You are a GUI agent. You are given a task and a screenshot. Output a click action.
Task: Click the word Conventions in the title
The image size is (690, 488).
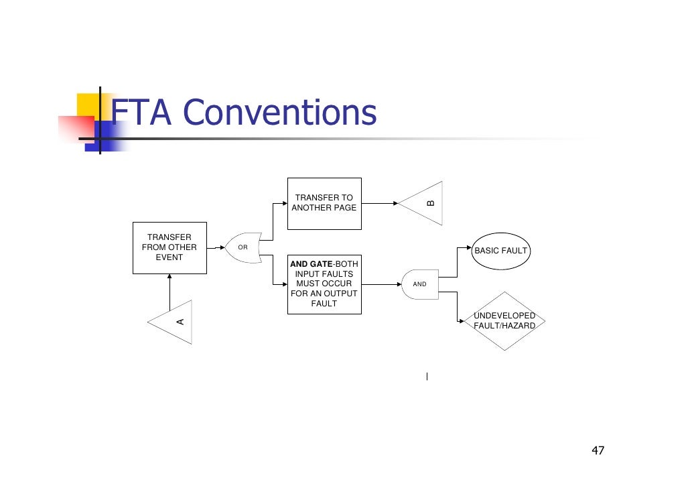280,113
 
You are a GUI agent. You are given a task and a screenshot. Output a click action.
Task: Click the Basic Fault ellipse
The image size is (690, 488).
500,251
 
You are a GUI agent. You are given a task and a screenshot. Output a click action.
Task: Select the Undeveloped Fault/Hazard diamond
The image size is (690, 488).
504,320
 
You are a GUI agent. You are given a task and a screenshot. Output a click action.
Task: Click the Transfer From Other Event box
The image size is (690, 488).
169,247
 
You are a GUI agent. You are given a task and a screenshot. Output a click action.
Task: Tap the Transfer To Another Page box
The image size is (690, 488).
324,203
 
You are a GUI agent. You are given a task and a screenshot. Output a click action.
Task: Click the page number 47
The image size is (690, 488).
598,450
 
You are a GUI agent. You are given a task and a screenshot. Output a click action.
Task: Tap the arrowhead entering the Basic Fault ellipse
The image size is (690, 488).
469,247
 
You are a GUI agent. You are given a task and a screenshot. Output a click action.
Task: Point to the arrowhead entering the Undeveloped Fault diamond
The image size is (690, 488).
460,320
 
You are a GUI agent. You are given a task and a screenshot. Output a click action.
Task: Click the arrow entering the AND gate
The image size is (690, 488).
382,284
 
